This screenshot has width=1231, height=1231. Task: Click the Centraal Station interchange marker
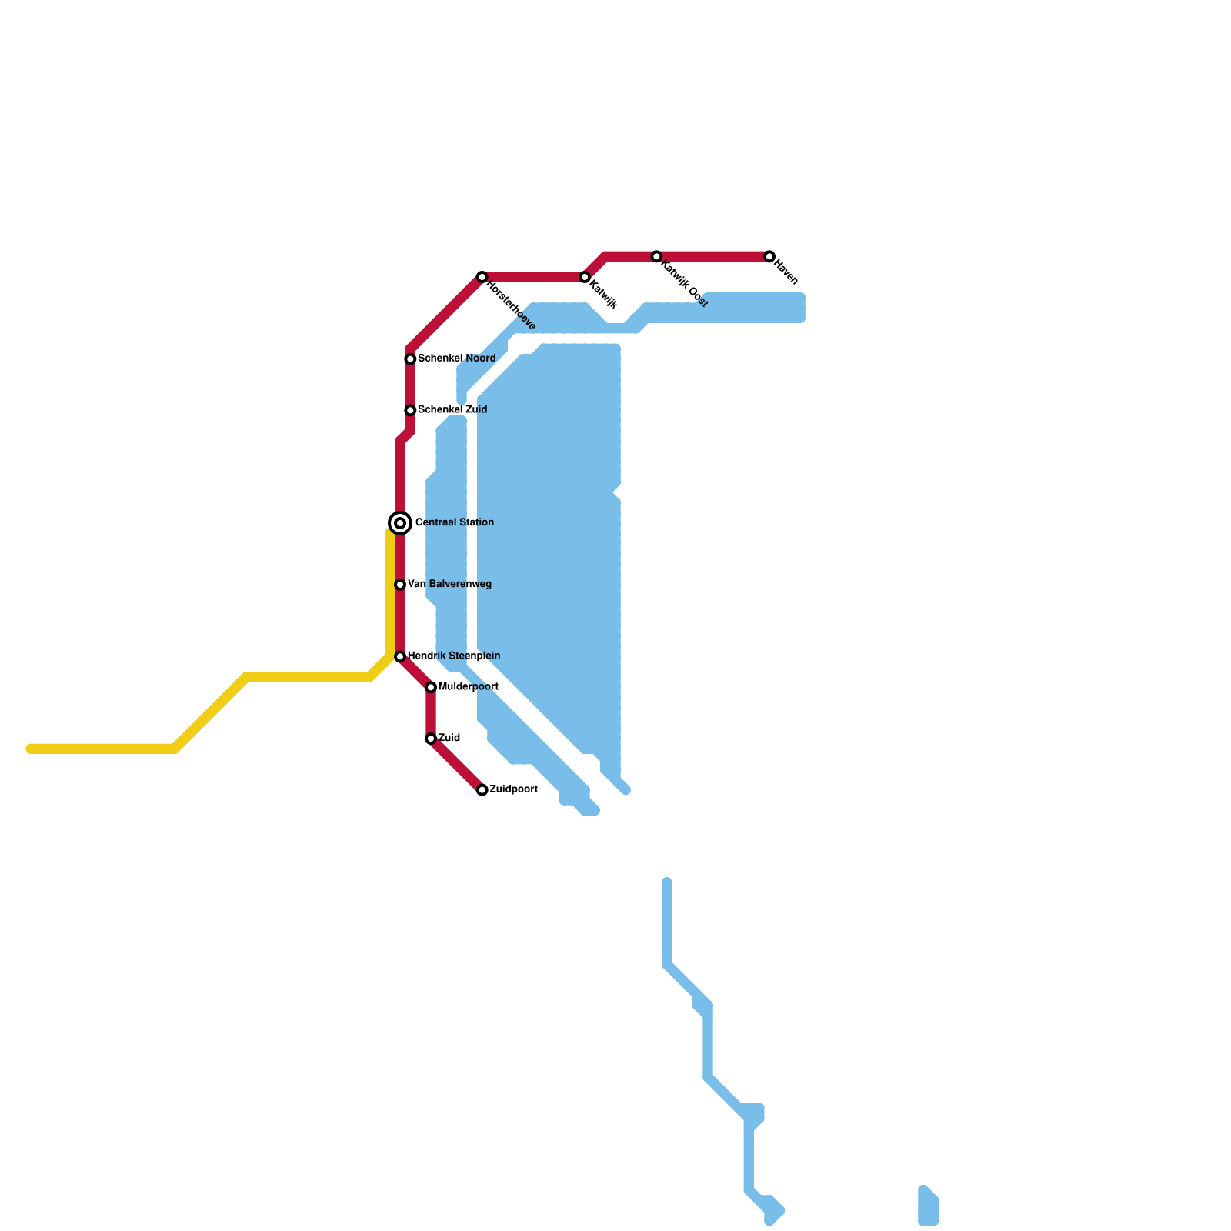[x=400, y=523]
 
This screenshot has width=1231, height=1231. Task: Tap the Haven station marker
[x=769, y=256]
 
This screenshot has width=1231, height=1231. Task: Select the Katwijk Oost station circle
[x=656, y=256]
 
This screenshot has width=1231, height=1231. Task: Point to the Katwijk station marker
[x=585, y=277]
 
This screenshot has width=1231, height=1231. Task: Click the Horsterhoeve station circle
[x=482, y=277]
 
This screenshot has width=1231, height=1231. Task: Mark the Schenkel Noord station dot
[x=411, y=359]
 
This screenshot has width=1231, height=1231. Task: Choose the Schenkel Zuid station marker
[x=411, y=410]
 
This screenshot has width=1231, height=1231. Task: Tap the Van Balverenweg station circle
[x=400, y=585]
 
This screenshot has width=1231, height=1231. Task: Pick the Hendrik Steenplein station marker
[x=400, y=656]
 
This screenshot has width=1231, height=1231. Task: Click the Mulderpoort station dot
[x=431, y=687]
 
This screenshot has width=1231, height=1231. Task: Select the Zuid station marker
[x=431, y=739]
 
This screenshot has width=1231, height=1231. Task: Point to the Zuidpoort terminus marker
[x=482, y=790]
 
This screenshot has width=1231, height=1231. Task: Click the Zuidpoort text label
[x=513, y=789]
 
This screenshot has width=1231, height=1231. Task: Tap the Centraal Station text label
[x=454, y=523]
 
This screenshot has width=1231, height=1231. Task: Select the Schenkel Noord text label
[x=456, y=359]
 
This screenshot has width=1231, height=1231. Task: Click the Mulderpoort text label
[x=468, y=687]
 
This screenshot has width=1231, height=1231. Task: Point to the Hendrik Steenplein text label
[x=453, y=656]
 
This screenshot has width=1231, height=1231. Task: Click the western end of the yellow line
[x=31, y=749]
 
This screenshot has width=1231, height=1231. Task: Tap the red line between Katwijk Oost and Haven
[x=712, y=256]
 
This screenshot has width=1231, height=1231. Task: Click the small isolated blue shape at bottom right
[x=928, y=1206]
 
